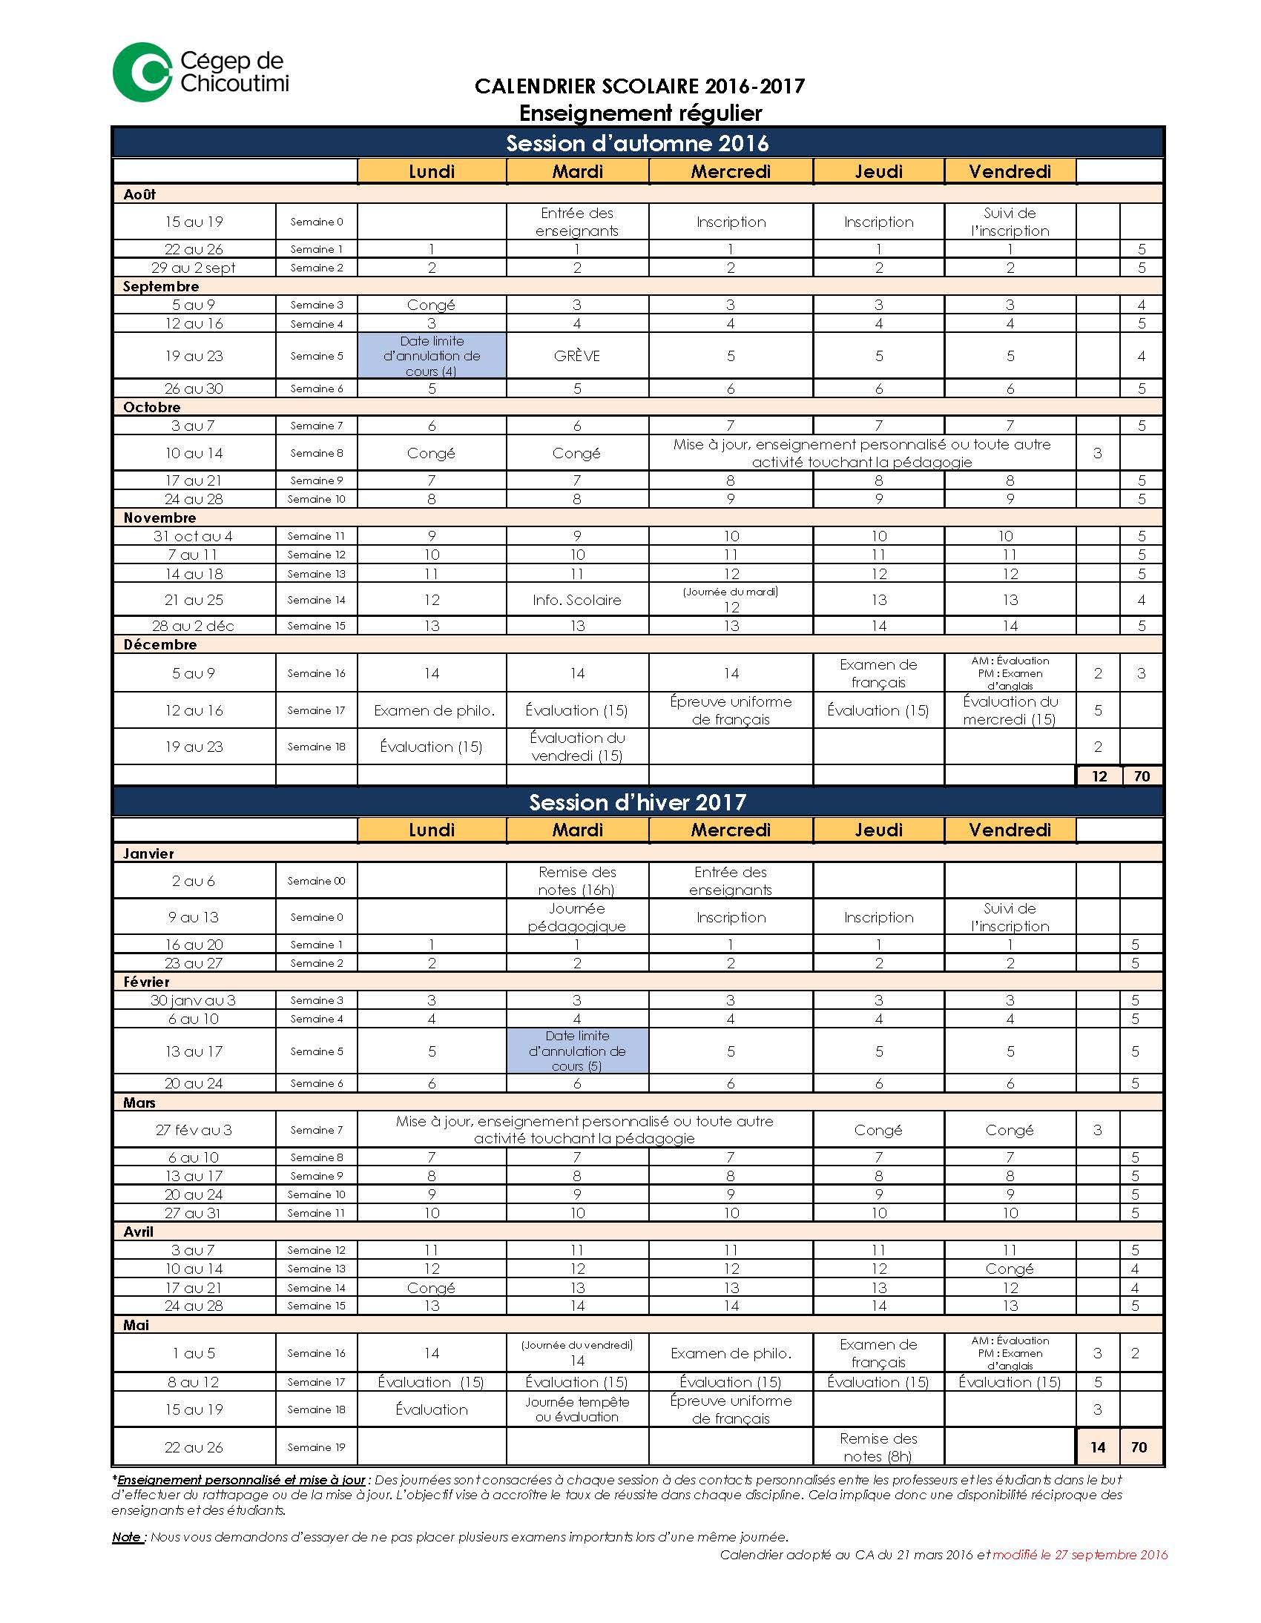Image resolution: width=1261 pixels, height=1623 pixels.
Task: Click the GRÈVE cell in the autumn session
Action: click(577, 356)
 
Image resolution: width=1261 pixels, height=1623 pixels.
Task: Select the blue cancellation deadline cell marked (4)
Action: click(432, 356)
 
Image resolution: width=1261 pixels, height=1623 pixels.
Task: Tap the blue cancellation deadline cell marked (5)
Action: click(577, 1051)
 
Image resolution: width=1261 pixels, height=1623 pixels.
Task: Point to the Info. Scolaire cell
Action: click(577, 600)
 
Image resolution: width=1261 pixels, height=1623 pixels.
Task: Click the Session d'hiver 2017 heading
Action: click(637, 802)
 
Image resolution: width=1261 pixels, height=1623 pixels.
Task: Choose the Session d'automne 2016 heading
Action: click(637, 143)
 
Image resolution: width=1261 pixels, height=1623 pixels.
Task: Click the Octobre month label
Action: click(151, 407)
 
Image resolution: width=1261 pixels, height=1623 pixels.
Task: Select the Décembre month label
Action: click(160, 644)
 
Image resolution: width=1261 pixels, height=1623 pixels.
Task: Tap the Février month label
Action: click(146, 982)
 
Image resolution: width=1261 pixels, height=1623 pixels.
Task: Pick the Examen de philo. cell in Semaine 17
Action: click(434, 710)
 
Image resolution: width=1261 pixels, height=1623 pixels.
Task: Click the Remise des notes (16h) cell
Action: click(577, 881)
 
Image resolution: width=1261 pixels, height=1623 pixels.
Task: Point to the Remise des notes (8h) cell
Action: click(878, 1447)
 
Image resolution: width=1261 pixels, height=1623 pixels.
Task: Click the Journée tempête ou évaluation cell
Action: click(577, 1409)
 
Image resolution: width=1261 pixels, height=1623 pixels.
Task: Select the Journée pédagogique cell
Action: click(577, 917)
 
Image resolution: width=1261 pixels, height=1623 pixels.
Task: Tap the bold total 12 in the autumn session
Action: click(1099, 776)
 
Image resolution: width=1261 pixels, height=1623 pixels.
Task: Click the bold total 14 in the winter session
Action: click(1097, 1447)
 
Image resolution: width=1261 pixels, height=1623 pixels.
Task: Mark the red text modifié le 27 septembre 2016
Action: click(1079, 1555)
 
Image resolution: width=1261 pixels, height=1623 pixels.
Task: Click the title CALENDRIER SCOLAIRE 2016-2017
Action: click(639, 87)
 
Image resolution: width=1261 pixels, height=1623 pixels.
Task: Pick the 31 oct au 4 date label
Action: click(194, 536)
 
